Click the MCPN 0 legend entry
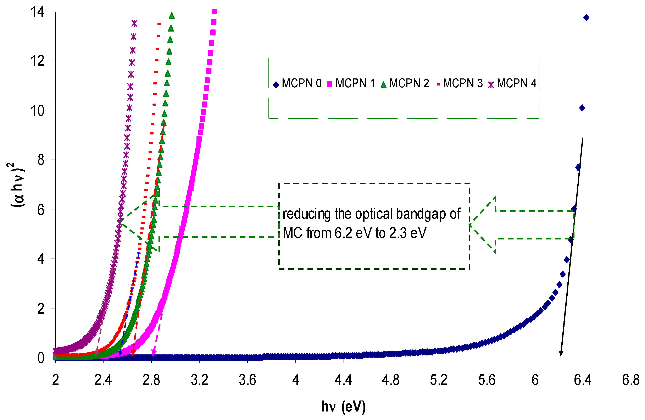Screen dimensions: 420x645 click(298, 83)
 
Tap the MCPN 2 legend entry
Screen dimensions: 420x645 click(405, 83)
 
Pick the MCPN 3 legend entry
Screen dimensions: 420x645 click(460, 83)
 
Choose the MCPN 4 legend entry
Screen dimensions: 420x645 click(512, 83)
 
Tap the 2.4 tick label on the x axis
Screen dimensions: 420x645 click(103, 380)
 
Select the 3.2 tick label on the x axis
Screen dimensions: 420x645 click(199, 380)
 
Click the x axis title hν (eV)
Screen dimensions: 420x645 click(343, 407)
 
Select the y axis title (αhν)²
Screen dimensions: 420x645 click(17, 185)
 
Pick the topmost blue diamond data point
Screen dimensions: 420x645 click(586, 18)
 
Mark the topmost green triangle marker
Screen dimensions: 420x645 click(172, 16)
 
